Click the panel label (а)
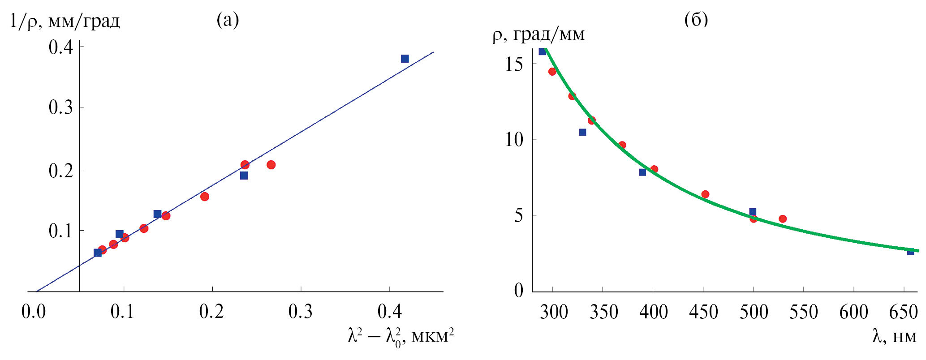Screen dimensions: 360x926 pyautogui.click(x=228, y=20)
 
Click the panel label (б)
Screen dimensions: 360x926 pyautogui.click(x=696, y=19)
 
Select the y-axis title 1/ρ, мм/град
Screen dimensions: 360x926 pyautogui.click(x=65, y=21)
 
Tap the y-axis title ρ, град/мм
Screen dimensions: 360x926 pyautogui.click(x=538, y=34)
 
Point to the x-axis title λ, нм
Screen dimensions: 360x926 pyautogui.click(x=894, y=336)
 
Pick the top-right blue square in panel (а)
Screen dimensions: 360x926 pyautogui.click(x=405, y=59)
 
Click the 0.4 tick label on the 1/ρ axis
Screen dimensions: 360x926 pyautogui.click(x=60, y=47)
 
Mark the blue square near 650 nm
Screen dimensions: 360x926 pyautogui.click(x=910, y=252)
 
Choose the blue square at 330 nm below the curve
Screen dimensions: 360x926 pyautogui.click(x=582, y=132)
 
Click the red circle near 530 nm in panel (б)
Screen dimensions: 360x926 pyautogui.click(x=783, y=219)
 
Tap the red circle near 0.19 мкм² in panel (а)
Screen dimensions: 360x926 pyautogui.click(x=205, y=197)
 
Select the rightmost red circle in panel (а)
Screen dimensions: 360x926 pyautogui.click(x=271, y=165)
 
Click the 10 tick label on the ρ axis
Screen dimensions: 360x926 pyautogui.click(x=514, y=140)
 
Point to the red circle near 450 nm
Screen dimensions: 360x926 pyautogui.click(x=705, y=194)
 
